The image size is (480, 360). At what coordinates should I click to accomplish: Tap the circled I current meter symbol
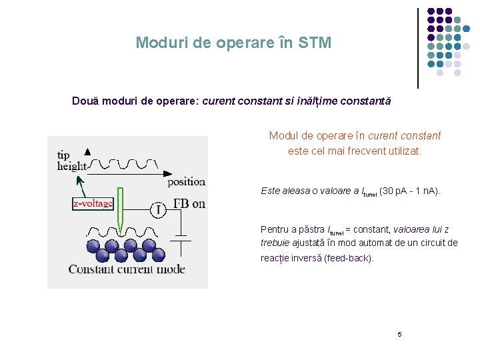(x=158, y=211)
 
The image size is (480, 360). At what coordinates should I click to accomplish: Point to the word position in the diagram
(x=186, y=181)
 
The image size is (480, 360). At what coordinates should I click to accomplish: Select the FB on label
(x=189, y=203)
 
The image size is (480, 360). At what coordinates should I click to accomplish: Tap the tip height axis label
(x=71, y=161)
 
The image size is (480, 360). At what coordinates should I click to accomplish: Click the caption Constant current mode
(x=127, y=269)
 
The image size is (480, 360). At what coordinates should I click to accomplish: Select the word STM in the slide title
(x=315, y=43)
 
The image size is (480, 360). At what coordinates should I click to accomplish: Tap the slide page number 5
(x=399, y=334)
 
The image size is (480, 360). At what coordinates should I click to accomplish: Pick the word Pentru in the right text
(x=274, y=229)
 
